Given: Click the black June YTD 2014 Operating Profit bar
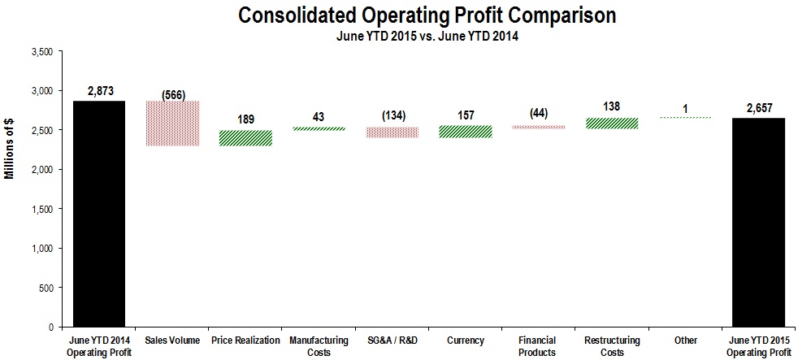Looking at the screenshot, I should click(x=99, y=214).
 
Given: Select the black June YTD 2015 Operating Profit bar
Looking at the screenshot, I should click(x=758, y=222).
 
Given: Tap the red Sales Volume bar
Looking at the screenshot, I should click(x=172, y=124).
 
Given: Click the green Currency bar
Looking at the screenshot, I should click(x=465, y=132).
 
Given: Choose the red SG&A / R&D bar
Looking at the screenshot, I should click(x=392, y=132).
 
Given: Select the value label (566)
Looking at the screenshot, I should click(x=172, y=94).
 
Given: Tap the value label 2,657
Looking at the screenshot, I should click(x=758, y=108).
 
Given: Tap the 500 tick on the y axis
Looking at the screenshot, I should click(x=46, y=288).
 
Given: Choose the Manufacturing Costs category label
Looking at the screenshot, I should click(x=319, y=346).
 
